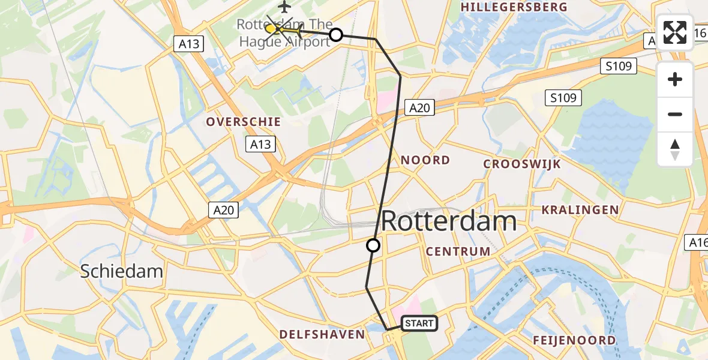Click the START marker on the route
tap(419, 323)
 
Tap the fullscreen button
tap(675, 32)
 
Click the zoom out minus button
tap(675, 114)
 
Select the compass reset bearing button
tap(675, 149)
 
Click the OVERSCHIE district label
tap(244, 122)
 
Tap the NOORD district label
tap(425, 160)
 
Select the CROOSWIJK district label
tap(521, 164)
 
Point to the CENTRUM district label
tap(458, 251)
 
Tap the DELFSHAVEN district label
tap(322, 334)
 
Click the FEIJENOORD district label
tap(574, 340)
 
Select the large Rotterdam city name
tap(448, 221)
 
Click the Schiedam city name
tap(122, 271)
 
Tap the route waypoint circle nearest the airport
tap(336, 35)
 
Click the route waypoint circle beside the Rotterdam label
tap(373, 245)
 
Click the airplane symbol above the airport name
tap(284, 7)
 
